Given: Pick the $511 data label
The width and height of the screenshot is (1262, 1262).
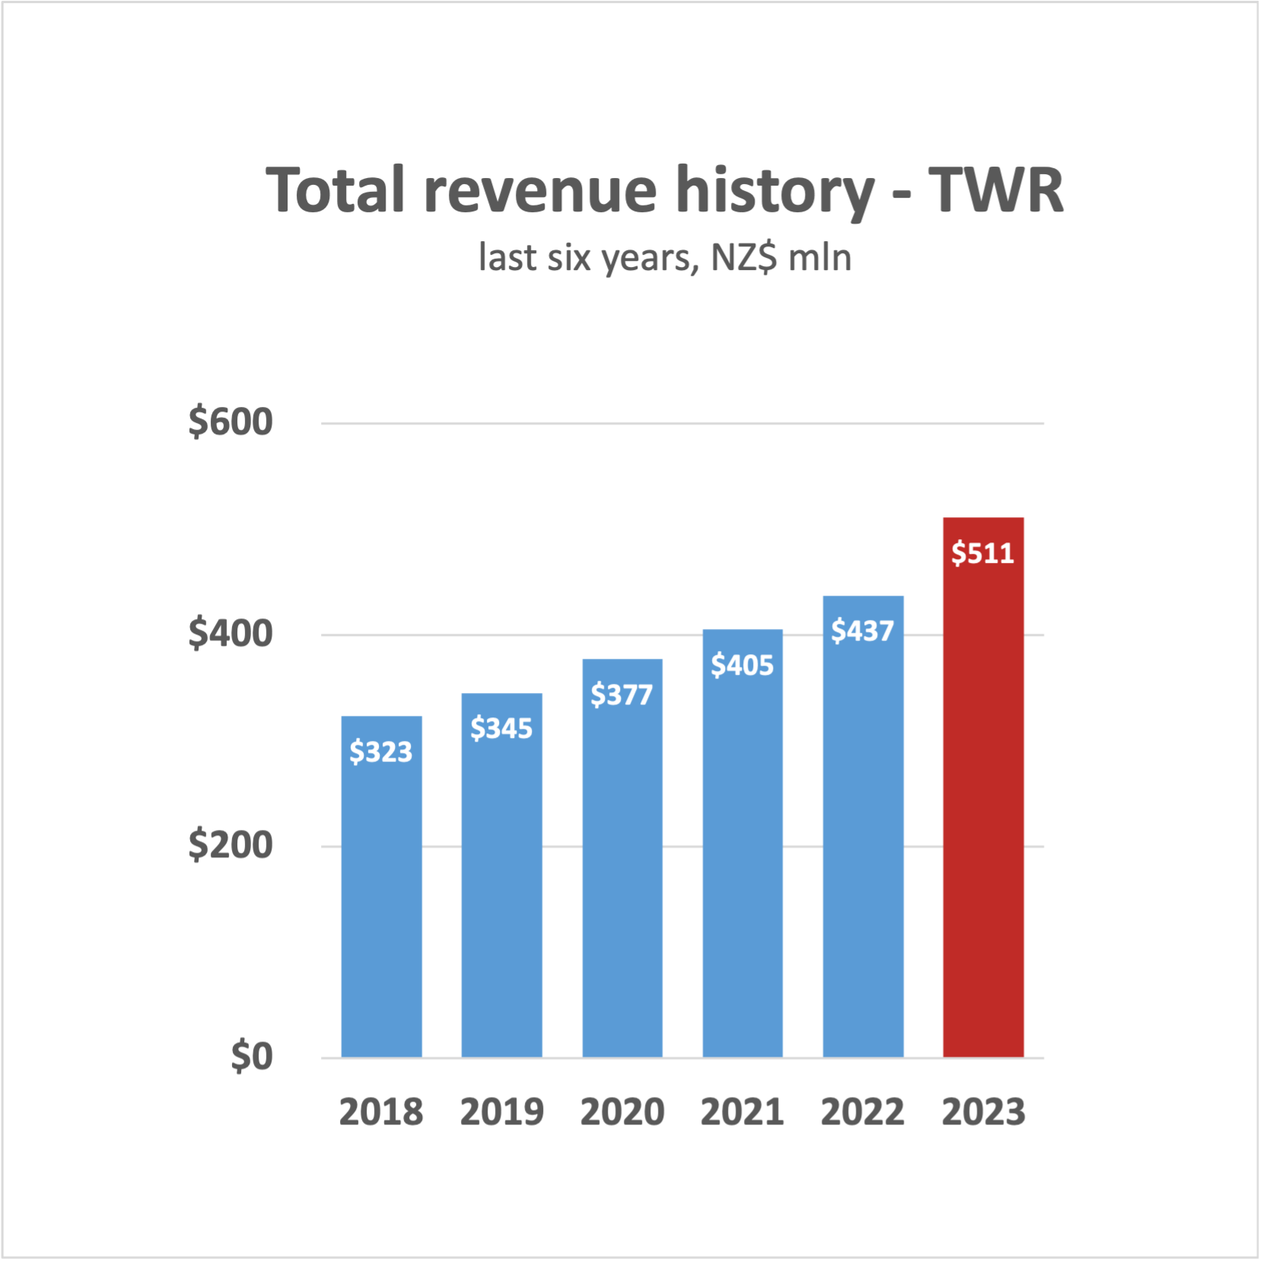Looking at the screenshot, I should [983, 553].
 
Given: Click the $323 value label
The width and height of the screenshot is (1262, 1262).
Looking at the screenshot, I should [381, 752].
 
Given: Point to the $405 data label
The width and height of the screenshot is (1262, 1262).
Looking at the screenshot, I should [742, 665].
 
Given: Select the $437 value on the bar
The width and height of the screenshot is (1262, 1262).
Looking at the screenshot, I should [863, 631].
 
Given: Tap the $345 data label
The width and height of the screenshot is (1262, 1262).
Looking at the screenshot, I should [501, 728].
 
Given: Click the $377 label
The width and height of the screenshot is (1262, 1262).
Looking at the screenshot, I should [622, 694].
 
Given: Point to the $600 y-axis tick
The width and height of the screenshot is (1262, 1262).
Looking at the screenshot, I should [230, 422].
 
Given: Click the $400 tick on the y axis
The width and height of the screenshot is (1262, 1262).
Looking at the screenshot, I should [230, 634].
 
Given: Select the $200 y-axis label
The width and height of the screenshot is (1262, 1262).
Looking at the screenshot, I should [230, 845].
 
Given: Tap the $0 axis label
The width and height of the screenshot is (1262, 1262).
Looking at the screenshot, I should [252, 1057].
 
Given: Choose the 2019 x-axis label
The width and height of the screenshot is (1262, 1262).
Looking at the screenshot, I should [502, 1112].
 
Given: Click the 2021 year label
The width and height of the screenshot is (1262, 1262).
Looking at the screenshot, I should [742, 1112].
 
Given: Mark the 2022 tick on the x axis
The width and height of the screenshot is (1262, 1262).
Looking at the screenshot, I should [863, 1112].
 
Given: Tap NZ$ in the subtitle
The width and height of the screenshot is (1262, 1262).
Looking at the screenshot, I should [744, 258].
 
